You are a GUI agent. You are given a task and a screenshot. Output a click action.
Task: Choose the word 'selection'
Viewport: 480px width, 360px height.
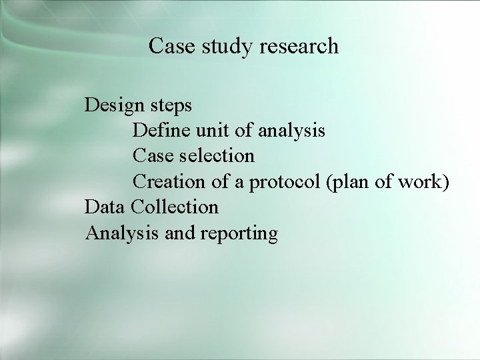coord(215,156)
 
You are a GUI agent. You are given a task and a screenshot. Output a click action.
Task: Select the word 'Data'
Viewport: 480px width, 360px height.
coord(105,207)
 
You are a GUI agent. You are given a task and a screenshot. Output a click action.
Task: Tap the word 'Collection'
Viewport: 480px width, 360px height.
coord(175,207)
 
